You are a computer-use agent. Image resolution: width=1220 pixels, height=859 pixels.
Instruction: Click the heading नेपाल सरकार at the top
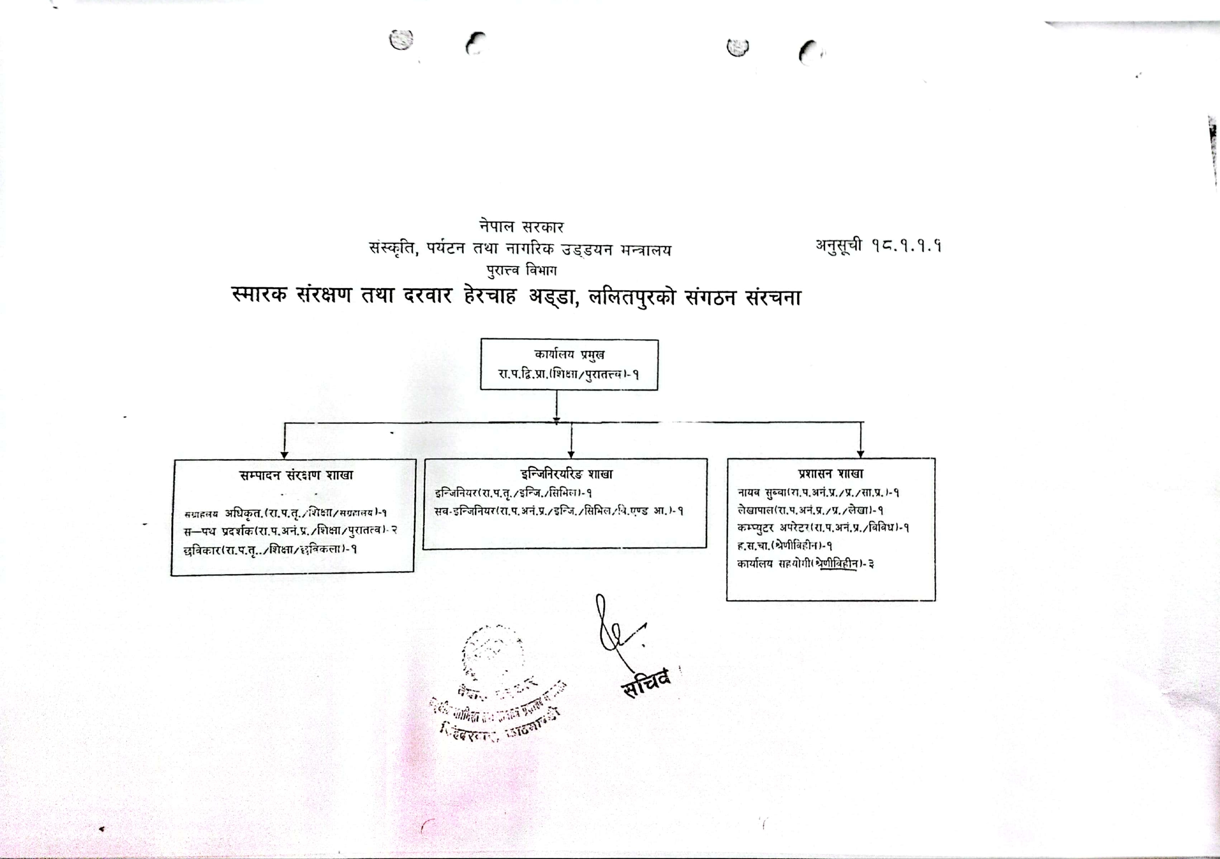(x=521, y=227)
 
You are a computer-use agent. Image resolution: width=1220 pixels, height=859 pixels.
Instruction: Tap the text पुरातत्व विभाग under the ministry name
(x=521, y=271)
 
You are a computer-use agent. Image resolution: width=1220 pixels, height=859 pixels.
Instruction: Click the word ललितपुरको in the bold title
(x=632, y=296)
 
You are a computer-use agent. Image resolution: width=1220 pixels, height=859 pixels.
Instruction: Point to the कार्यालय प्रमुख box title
(x=569, y=354)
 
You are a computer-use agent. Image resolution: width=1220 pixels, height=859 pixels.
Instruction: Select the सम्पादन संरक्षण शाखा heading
(x=296, y=475)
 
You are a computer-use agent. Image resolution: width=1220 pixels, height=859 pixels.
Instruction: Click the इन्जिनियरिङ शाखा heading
(x=566, y=473)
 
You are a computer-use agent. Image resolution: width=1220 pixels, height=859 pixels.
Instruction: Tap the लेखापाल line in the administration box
(x=810, y=511)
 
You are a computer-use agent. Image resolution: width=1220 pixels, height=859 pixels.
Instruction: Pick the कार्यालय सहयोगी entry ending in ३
(x=805, y=564)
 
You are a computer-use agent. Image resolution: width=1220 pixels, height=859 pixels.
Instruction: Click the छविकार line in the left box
(x=270, y=550)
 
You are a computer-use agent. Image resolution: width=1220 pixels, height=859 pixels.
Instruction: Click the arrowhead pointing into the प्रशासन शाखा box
(x=861, y=454)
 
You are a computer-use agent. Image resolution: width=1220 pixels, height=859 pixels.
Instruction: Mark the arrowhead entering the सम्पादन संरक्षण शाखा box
(x=284, y=455)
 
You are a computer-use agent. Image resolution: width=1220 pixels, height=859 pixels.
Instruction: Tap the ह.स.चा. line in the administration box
(x=784, y=545)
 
